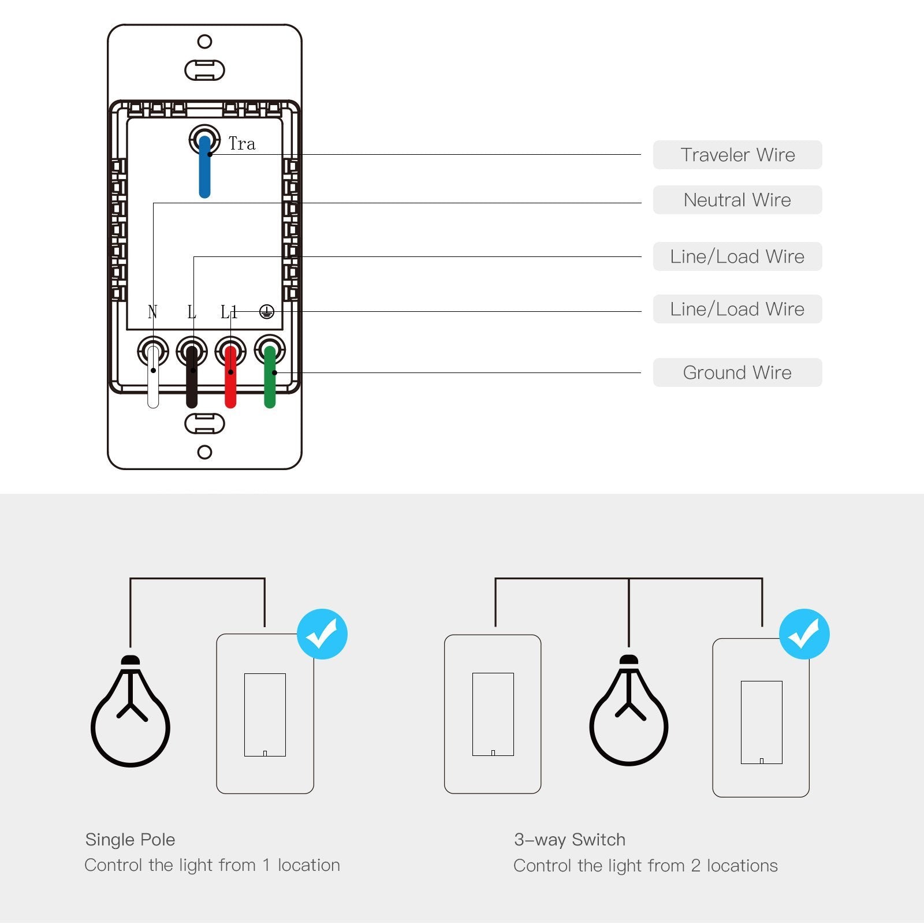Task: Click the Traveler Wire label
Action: point(737,155)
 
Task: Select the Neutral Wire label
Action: point(737,200)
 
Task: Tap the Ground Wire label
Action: point(737,372)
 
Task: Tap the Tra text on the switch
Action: point(241,144)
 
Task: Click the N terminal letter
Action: point(152,312)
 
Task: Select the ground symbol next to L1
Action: point(266,312)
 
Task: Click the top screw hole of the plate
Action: point(204,42)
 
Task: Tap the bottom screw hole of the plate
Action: point(204,452)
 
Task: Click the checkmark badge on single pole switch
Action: point(322,634)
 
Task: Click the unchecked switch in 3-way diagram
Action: point(493,714)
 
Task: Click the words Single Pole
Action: point(130,840)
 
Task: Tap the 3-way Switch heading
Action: point(569,840)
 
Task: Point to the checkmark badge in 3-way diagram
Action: point(804,634)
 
